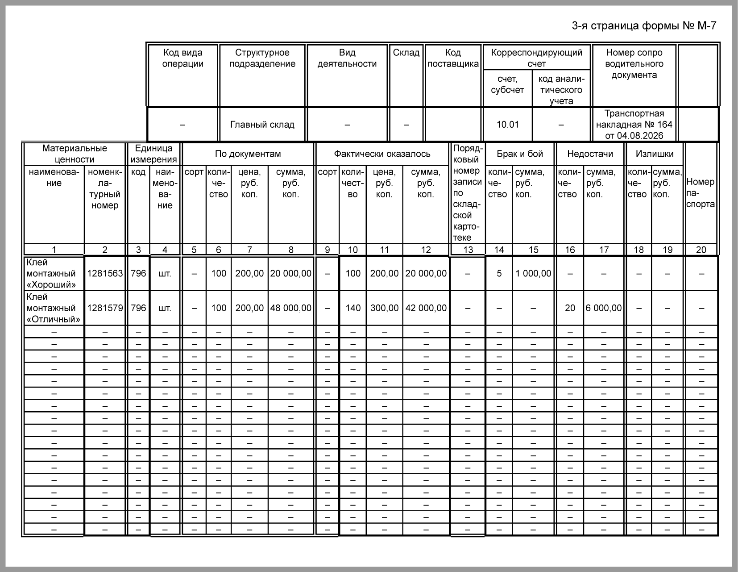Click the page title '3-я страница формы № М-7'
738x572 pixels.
[643, 26]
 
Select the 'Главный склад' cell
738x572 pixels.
[262, 125]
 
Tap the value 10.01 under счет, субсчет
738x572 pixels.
[508, 125]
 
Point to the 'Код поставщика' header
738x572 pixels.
[453, 58]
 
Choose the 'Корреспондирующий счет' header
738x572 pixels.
[536, 58]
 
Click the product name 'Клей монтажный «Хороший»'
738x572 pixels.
[51, 273]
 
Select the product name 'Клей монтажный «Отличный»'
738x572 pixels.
[53, 308]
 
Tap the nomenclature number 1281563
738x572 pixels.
[105, 273]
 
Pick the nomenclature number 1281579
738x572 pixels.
[105, 308]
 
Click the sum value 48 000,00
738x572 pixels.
[290, 308]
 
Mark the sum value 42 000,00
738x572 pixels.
[426, 308]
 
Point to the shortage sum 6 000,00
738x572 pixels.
[604, 308]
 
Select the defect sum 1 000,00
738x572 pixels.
[533, 273]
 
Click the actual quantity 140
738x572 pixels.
[353, 308]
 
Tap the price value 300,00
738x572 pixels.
[384, 308]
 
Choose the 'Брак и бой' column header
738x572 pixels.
[520, 154]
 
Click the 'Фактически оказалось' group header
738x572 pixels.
[382, 154]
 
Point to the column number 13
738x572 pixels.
[468, 250]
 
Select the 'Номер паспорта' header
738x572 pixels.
[701, 193]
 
